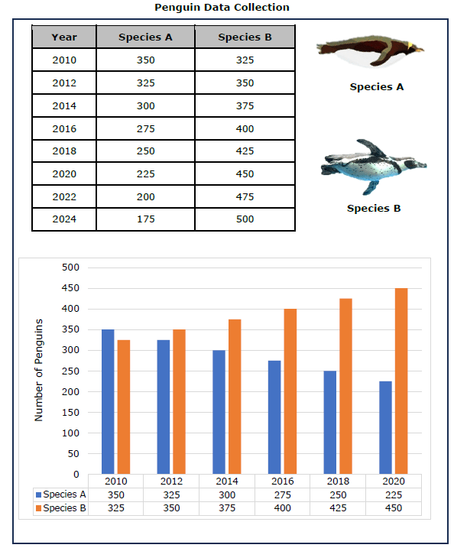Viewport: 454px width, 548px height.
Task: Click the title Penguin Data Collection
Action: pyautogui.click(x=222, y=8)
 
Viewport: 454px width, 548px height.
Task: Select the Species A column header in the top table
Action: pyautogui.click(x=145, y=37)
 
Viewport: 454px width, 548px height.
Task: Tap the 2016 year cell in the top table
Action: pyautogui.click(x=64, y=129)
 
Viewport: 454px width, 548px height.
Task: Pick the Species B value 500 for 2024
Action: pyautogui.click(x=245, y=219)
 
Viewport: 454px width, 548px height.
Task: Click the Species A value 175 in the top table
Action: pyautogui.click(x=145, y=219)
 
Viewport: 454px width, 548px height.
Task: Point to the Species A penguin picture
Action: pyautogui.click(x=370, y=51)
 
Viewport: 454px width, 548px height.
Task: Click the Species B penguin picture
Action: pyautogui.click(x=373, y=167)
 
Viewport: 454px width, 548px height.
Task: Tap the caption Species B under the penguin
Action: pyautogui.click(x=374, y=209)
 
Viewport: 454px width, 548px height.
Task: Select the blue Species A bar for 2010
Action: pyautogui.click(x=108, y=401)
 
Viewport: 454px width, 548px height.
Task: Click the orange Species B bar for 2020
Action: pyautogui.click(x=401, y=381)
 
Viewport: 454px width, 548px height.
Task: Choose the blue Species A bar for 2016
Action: pyautogui.click(x=274, y=417)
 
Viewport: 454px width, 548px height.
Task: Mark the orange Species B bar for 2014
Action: pyautogui.click(x=235, y=397)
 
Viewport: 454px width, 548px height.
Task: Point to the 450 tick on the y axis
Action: pyautogui.click(x=70, y=288)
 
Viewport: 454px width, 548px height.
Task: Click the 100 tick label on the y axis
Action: pyautogui.click(x=70, y=433)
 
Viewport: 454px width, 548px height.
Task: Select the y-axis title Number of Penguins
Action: pyautogui.click(x=39, y=370)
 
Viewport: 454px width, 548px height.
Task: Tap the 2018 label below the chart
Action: pyautogui.click(x=338, y=482)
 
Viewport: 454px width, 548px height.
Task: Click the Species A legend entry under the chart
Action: pyautogui.click(x=61, y=494)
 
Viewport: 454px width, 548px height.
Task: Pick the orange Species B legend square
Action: pyautogui.click(x=38, y=508)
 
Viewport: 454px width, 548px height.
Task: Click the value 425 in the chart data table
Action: pyautogui.click(x=338, y=507)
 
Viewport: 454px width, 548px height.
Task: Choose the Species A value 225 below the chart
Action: pyautogui.click(x=394, y=494)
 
